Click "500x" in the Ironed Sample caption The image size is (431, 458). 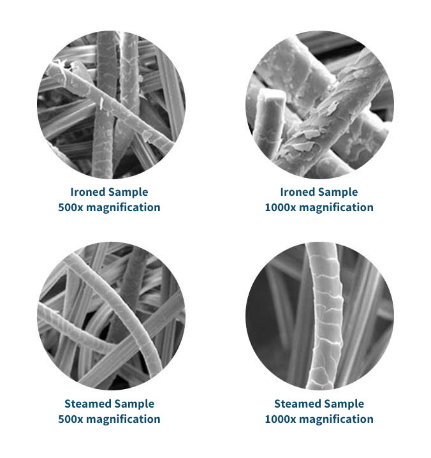click(71, 207)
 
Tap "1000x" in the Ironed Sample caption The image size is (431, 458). click(281, 207)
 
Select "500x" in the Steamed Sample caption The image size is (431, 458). click(71, 419)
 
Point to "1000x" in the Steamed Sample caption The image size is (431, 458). click(281, 419)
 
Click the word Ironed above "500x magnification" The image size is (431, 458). click(88, 192)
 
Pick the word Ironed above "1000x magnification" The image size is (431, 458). click(298, 192)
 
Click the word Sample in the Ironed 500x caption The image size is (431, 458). click(129, 193)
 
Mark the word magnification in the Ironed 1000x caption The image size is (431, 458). click(337, 208)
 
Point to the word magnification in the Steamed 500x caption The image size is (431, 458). click(123, 420)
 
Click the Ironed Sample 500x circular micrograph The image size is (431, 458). click(111, 105)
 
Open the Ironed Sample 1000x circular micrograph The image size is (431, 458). click(319, 105)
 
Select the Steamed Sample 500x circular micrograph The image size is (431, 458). click(111, 316)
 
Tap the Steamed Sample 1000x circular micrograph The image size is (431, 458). click(319, 316)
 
